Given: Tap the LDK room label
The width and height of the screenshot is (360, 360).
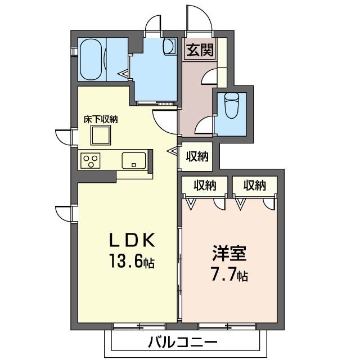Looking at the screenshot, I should tap(131, 240).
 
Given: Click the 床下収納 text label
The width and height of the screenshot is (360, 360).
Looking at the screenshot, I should tap(101, 119).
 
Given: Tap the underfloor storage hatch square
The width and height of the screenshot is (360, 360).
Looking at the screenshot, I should tap(101, 136).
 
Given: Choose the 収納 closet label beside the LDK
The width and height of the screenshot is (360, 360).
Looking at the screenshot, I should tap(197, 156).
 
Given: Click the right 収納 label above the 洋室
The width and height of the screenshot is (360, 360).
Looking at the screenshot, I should tap(255, 185).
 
